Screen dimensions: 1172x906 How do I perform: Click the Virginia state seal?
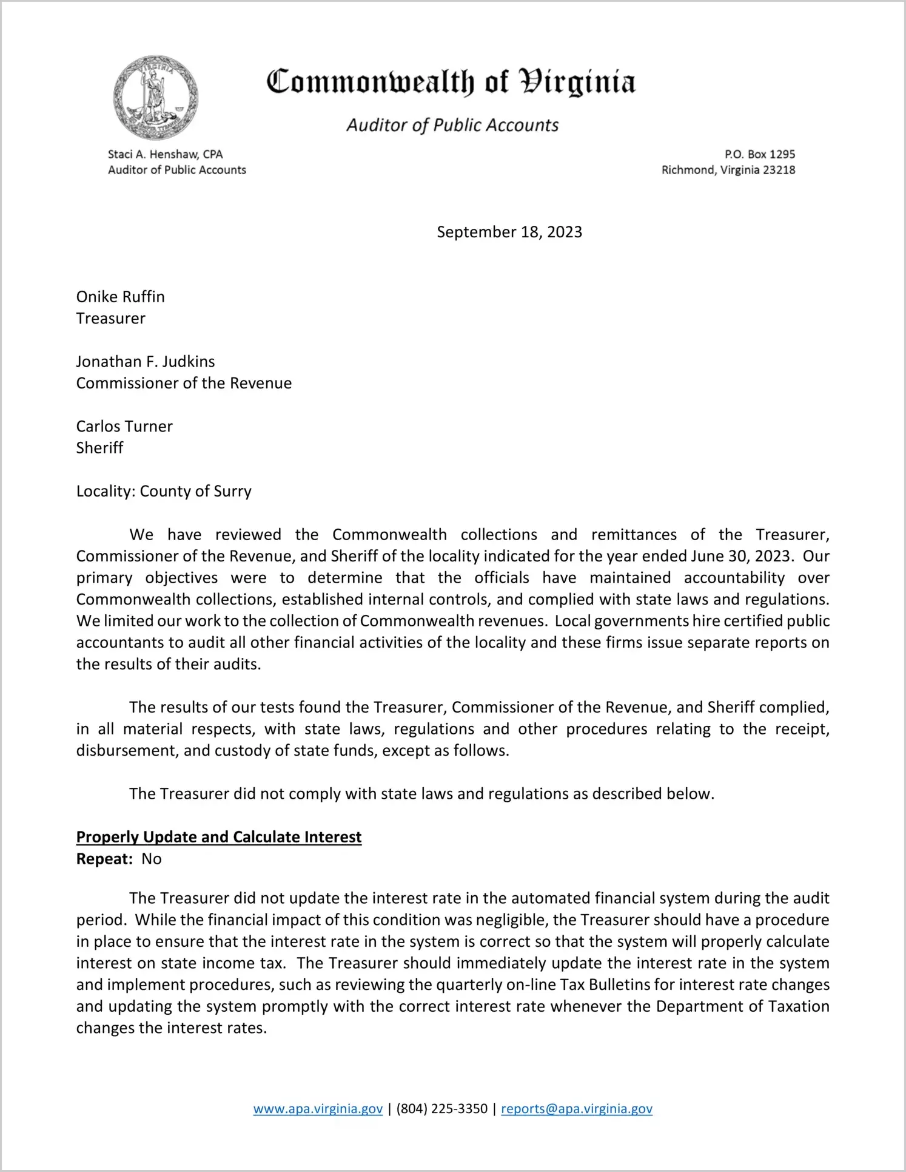pyautogui.click(x=156, y=98)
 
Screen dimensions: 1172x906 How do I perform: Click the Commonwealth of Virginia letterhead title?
pyautogui.click(x=451, y=82)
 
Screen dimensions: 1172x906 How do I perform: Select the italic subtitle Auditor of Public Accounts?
pyautogui.click(x=452, y=125)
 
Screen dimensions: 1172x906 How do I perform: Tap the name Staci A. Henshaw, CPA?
pyautogui.click(x=165, y=154)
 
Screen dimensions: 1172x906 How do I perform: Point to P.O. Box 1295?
pyautogui.click(x=759, y=154)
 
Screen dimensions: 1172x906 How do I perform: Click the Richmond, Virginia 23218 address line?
pyautogui.click(x=728, y=170)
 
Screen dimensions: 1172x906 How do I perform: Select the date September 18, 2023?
pyautogui.click(x=509, y=232)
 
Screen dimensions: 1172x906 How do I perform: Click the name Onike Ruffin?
pyautogui.click(x=120, y=297)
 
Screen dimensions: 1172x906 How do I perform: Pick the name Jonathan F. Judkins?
pyautogui.click(x=146, y=362)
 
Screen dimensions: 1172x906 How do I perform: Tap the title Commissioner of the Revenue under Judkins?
pyautogui.click(x=184, y=383)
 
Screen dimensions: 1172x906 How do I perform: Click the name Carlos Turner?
pyautogui.click(x=124, y=426)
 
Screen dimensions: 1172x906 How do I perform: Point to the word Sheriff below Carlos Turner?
pyautogui.click(x=99, y=448)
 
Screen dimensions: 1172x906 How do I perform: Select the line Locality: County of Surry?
pyautogui.click(x=164, y=491)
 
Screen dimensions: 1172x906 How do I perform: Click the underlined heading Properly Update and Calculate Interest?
pyautogui.click(x=218, y=837)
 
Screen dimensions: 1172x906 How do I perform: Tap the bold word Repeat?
pyautogui.click(x=104, y=859)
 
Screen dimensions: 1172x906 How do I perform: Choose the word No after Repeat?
pyautogui.click(x=152, y=859)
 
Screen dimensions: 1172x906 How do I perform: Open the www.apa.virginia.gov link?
pyautogui.click(x=318, y=1109)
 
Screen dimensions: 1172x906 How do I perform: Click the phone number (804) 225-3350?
pyautogui.click(x=441, y=1109)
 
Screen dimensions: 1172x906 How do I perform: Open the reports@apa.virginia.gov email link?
pyautogui.click(x=576, y=1109)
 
